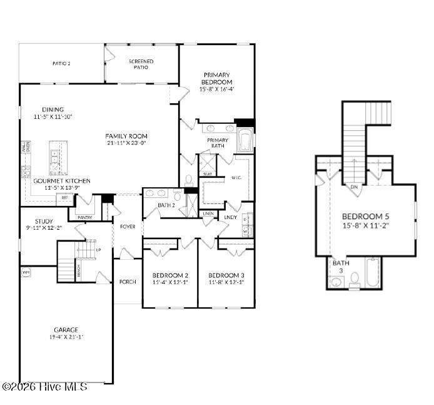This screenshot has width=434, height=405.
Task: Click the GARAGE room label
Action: [x=66, y=329]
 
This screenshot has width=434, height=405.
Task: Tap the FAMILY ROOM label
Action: [x=126, y=136]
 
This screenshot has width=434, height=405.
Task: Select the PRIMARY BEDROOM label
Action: [x=216, y=78]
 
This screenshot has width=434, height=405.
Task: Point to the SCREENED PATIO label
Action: [x=141, y=64]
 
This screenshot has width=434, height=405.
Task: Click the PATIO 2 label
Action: [x=61, y=63]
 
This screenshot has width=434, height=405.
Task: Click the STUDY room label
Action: [x=43, y=221]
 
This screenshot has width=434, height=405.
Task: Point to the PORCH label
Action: [x=128, y=282]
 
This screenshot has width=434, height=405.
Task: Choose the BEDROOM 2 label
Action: [x=170, y=275]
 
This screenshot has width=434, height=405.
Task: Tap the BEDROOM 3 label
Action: [x=226, y=275]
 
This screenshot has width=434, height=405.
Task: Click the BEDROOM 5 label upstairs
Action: [x=365, y=217]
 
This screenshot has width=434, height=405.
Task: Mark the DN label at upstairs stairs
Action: [x=353, y=186]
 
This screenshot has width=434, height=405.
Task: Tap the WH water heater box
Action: [x=26, y=273]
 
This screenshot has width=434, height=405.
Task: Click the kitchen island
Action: [x=55, y=160]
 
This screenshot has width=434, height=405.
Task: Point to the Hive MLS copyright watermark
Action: [x=44, y=387]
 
